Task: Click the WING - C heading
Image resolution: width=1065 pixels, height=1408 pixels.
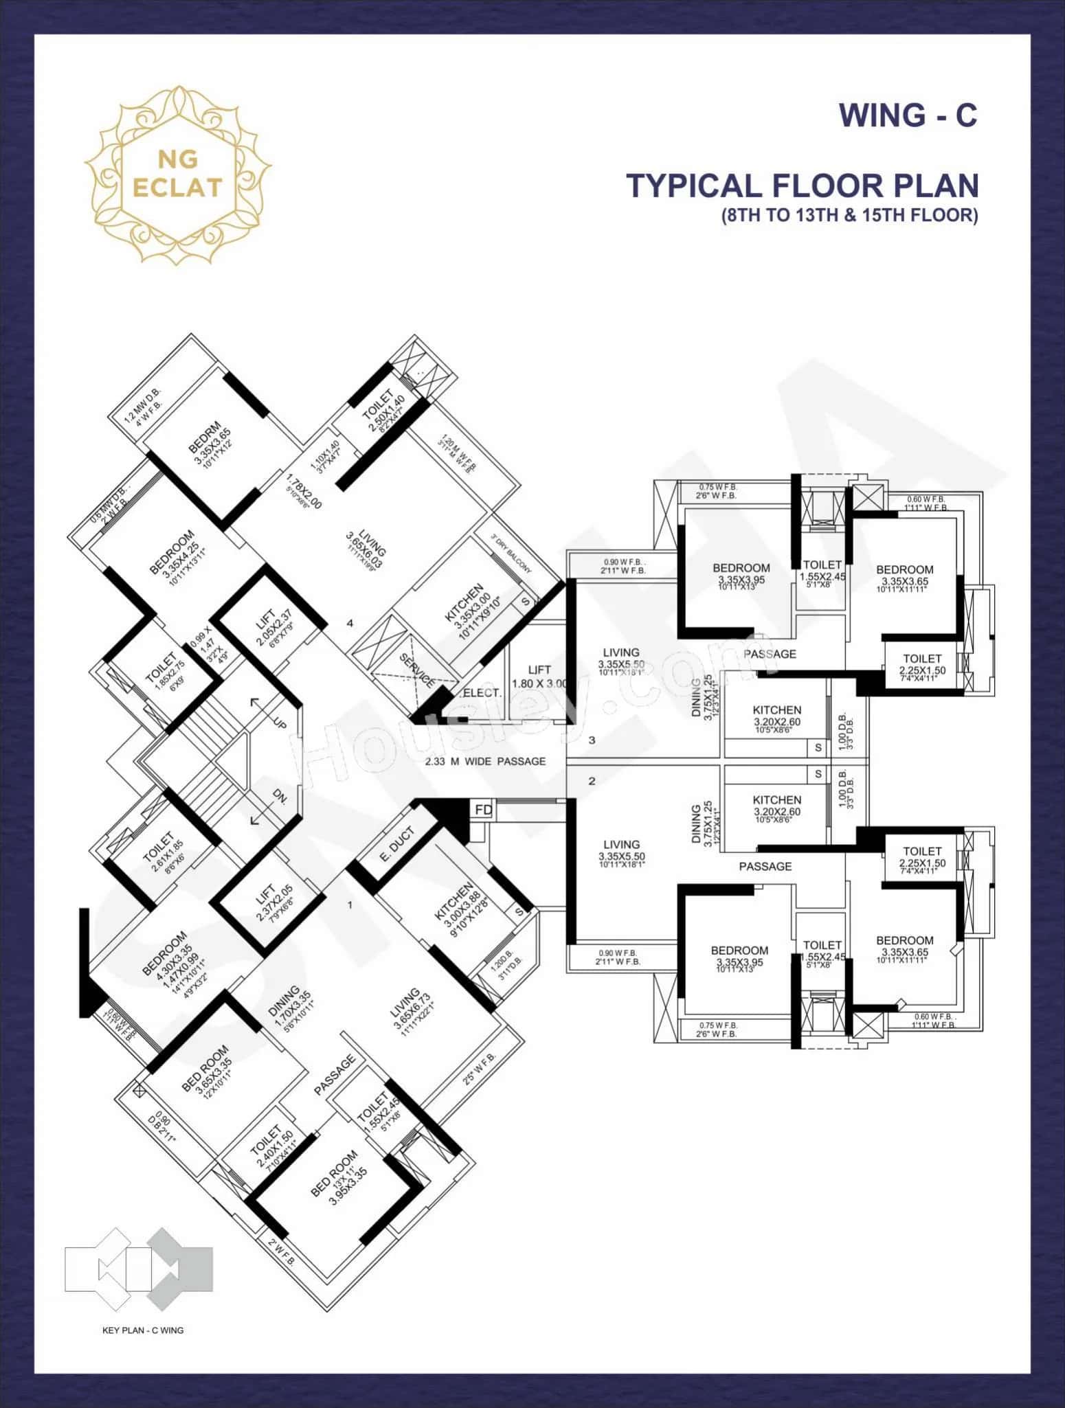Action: tap(908, 115)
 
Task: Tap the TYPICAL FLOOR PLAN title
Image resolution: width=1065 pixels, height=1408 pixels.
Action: tap(802, 186)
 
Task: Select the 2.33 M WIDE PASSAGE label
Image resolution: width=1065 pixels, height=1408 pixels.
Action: tap(485, 761)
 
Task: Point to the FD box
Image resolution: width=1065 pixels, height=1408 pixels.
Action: tap(483, 810)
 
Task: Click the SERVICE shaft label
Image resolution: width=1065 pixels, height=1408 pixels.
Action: tap(416, 670)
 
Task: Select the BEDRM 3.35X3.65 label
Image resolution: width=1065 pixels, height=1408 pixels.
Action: tap(212, 443)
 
